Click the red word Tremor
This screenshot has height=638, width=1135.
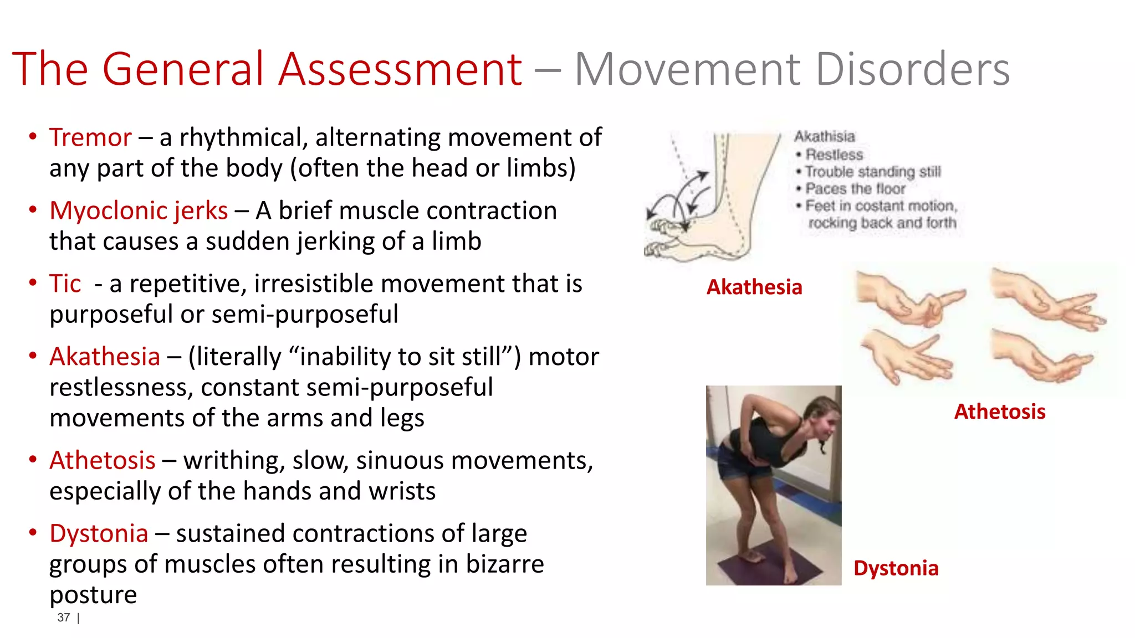tap(90, 137)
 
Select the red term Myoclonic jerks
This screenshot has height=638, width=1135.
tap(139, 210)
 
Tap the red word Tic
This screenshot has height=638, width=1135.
tap(65, 284)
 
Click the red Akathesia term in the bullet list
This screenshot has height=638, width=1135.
tap(105, 357)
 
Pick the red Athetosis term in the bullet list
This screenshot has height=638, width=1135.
tap(103, 460)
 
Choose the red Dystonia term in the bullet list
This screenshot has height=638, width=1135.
tap(99, 533)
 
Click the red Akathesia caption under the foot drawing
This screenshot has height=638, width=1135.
tap(754, 287)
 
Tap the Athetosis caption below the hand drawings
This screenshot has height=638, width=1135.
tap(1000, 411)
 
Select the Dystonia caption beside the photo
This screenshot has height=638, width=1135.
tap(896, 568)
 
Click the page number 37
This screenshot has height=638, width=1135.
tap(64, 618)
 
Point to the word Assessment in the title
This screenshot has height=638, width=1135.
tap(400, 70)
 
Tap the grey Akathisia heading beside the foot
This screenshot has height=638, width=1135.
tap(825, 136)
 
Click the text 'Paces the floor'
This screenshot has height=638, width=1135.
tap(855, 189)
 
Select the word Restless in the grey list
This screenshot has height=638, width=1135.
tap(834, 155)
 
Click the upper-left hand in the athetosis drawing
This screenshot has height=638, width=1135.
tap(909, 300)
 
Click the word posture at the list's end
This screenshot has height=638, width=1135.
tap(93, 595)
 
